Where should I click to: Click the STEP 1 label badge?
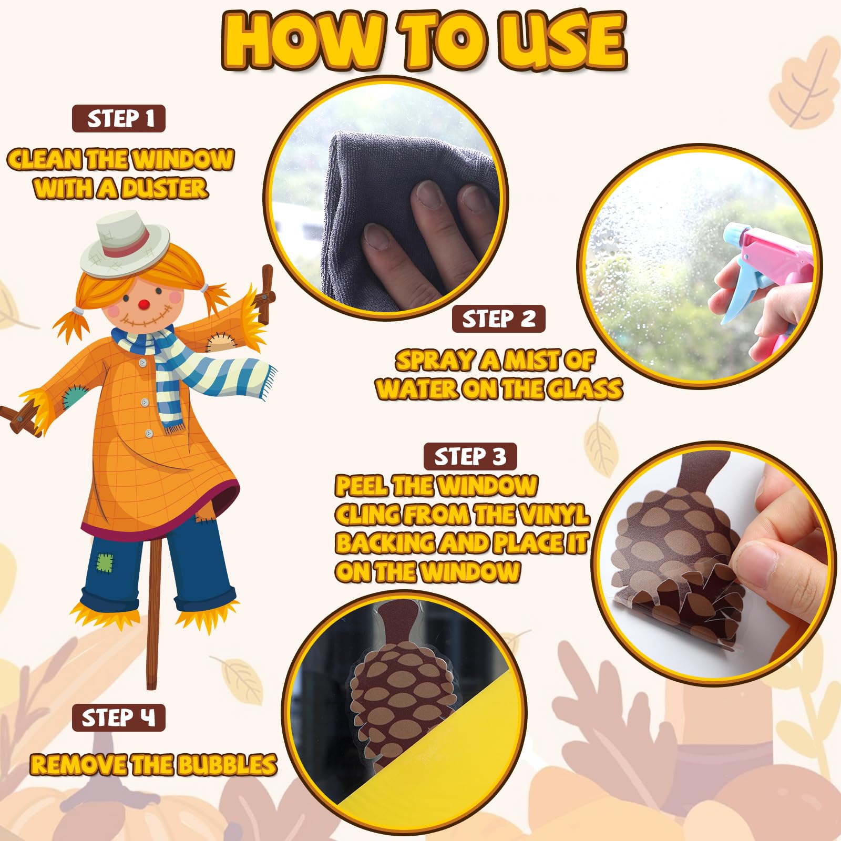point(119,119)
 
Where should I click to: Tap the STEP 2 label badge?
point(498,319)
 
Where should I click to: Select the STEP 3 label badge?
point(470,456)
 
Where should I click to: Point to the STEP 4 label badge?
point(119,717)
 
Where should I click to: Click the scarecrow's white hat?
point(125,243)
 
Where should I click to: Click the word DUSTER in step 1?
point(164,188)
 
